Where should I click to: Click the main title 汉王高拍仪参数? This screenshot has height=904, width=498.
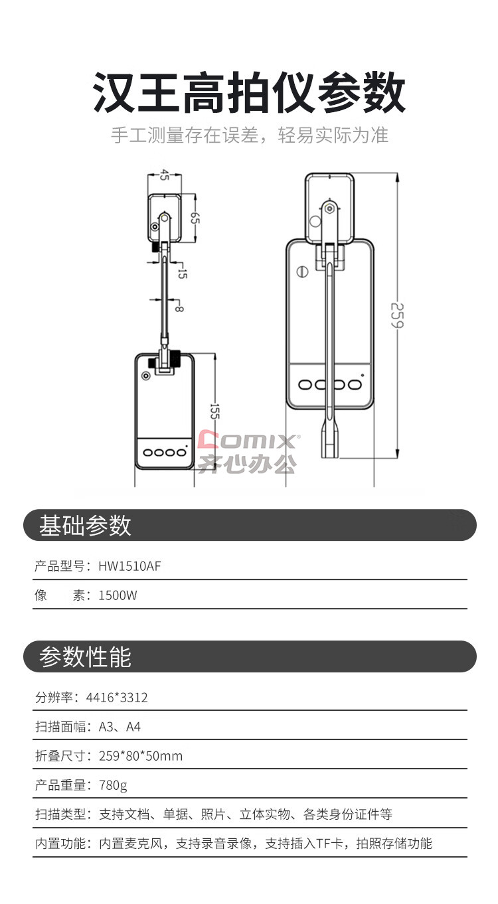coord(249,92)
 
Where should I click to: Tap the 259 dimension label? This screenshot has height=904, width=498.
coord(397,315)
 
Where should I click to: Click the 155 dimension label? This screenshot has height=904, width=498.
coord(214,412)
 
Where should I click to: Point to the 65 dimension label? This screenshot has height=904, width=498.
coord(195,218)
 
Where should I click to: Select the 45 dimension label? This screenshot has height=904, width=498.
coord(164,175)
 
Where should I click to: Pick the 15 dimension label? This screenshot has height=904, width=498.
coord(182,273)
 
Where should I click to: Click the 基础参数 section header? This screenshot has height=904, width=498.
coord(85,526)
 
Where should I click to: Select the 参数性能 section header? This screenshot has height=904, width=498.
coord(85,656)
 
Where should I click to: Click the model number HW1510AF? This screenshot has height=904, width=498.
coord(129,566)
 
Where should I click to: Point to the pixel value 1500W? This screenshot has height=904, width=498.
coord(118,595)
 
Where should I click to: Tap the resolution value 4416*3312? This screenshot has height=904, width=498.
coord(117,698)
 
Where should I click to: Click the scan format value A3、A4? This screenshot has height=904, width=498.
coord(120,727)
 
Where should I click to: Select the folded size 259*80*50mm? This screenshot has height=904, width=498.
coord(141,756)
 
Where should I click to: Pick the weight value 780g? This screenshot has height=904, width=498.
coord(113,785)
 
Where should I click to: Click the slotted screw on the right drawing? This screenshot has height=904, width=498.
coord(303,272)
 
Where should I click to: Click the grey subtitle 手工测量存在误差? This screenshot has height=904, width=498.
coord(185,135)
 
